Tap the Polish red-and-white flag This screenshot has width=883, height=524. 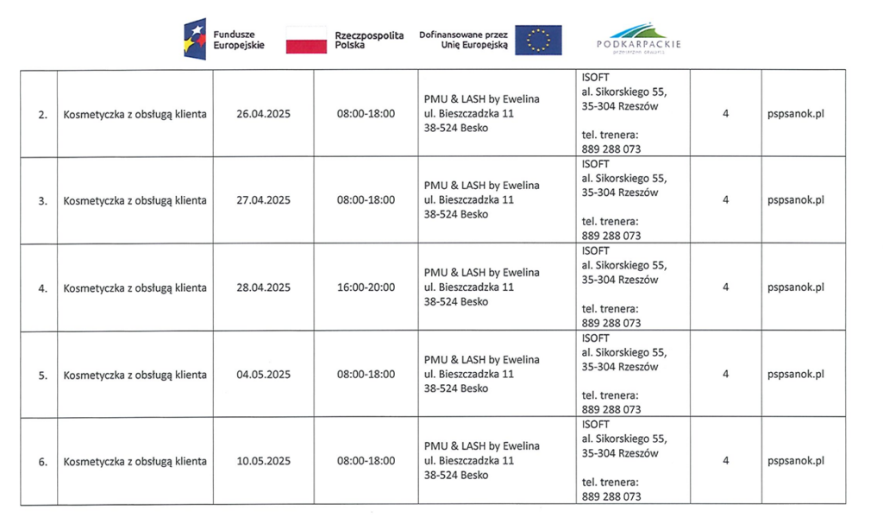point(306,40)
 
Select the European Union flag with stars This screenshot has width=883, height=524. point(538,40)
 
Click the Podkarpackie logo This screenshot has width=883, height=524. point(638,39)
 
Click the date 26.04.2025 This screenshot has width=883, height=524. point(263,114)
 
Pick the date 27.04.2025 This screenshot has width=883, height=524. point(263,200)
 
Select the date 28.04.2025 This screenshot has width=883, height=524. point(263,287)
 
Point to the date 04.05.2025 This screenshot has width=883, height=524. point(263,375)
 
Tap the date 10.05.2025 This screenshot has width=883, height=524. point(263,461)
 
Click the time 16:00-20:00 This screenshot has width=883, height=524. point(366,287)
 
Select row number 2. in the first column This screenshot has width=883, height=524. point(42,115)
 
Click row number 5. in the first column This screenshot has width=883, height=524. point(42,376)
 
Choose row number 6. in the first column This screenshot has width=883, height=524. point(42,462)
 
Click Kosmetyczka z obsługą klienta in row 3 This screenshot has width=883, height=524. point(135,200)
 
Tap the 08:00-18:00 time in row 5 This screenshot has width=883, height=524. point(366,375)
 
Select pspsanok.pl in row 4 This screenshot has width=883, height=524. point(795,287)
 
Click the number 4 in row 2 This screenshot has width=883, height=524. point(725,114)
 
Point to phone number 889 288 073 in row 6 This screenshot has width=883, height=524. point(611,496)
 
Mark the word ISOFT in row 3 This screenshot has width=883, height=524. point(595,164)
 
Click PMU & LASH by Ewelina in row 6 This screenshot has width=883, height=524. point(481,446)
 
